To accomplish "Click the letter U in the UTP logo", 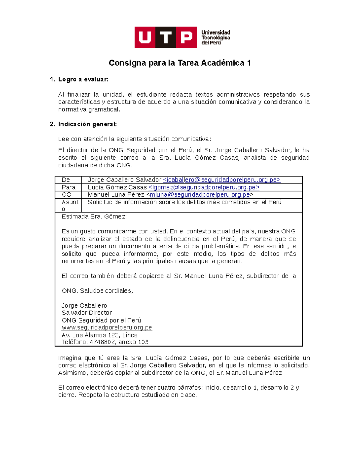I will pos(145,37).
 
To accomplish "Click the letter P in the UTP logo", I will pos(186,37).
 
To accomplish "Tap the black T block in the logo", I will pos(166,37).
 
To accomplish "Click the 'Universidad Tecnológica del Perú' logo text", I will pos(215,38).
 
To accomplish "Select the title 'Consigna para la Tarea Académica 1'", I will pos(180,63).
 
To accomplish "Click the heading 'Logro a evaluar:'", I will pos(83,80).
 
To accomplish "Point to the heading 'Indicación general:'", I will pos(87,124).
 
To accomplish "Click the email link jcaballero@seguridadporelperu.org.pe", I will pos(222,180).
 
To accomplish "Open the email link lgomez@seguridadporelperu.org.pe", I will pos(204,187).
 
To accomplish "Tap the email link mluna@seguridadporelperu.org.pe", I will pos(200,194).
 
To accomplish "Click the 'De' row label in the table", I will pos(66,180).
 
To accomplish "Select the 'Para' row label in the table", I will pos(68,187).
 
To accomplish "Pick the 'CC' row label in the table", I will pos(66,194).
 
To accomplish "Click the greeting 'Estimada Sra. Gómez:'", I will pos(94,217).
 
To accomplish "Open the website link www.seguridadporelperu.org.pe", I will pos(107,328).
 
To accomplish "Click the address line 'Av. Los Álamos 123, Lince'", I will pos(100,335).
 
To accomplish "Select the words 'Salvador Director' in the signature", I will pos(87,313).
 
